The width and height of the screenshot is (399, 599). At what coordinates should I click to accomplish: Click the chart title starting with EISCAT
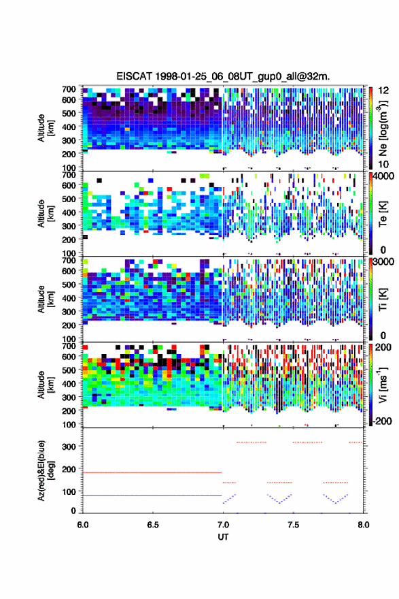pos(223,76)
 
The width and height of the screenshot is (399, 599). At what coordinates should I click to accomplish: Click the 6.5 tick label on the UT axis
pos(153,525)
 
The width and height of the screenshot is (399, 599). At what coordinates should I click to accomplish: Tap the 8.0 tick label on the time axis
pos(364,525)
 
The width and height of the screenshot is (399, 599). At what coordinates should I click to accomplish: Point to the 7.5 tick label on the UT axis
pos(294,525)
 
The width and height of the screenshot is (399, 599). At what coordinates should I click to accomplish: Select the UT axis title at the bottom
pos(223,537)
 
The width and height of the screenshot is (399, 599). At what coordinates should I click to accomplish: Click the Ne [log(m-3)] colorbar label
pos(383,127)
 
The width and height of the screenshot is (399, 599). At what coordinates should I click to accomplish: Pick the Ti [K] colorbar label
pos(383,299)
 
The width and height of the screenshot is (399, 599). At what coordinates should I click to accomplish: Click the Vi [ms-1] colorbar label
pos(383,385)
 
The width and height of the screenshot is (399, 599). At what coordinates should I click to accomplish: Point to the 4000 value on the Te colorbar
pos(384,176)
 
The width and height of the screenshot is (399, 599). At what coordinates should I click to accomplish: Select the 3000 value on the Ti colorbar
pos(384,261)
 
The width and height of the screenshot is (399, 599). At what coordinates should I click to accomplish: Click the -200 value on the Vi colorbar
pos(381,421)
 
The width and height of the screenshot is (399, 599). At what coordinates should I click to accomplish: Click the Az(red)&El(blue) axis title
pos(46,470)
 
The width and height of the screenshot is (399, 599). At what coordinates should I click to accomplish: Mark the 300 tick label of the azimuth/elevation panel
pos(69,447)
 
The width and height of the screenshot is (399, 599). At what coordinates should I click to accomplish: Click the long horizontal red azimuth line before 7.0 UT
pos(152,472)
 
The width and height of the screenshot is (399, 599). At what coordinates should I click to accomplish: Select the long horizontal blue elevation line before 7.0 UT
pos(152,495)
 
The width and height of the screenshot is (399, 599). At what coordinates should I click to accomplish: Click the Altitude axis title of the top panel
pos(46,127)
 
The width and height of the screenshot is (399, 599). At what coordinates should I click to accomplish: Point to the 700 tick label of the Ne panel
pos(69,89)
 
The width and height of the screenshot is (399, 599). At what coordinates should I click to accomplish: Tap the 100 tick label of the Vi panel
pos(69,425)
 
